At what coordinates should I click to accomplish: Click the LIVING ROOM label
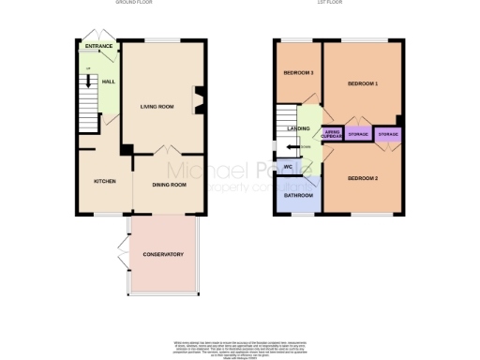click(157, 107)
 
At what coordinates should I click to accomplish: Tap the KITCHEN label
click(104, 181)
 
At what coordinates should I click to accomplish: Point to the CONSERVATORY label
click(162, 255)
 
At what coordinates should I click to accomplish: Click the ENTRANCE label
click(99, 46)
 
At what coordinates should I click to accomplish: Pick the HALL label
click(108, 82)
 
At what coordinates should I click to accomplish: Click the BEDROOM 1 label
click(363, 84)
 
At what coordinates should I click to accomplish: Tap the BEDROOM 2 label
click(363, 178)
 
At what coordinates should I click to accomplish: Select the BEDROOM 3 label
click(299, 73)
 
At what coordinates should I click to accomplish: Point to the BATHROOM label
click(299, 195)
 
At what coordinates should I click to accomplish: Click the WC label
click(289, 168)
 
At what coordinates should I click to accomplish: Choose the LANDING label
click(299, 127)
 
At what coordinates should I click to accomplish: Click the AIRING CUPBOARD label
click(332, 135)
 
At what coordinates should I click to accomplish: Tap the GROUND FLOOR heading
click(134, 4)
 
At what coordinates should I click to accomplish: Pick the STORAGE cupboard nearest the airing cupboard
click(357, 135)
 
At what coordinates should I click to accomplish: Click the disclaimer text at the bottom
click(240, 346)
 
